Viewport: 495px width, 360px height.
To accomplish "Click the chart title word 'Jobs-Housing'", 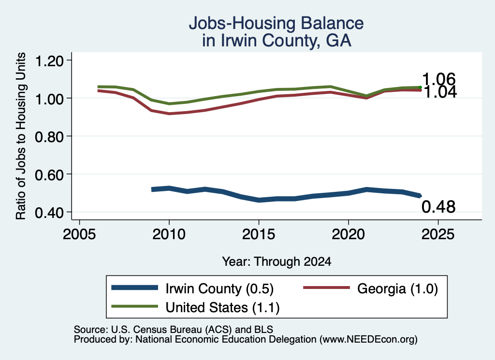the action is pyautogui.click(x=242, y=23).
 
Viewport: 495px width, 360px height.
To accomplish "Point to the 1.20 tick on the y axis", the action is pyautogui.click(x=50, y=60).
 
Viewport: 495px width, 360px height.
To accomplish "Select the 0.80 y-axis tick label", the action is pyautogui.click(x=50, y=137).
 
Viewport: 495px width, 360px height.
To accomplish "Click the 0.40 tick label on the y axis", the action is pyautogui.click(x=50, y=213).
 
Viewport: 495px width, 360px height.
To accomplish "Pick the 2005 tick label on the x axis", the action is pyautogui.click(x=80, y=234).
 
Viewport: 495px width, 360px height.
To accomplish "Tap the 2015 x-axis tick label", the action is pyautogui.click(x=259, y=234).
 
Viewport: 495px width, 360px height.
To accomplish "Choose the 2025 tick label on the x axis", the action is pyautogui.click(x=438, y=234).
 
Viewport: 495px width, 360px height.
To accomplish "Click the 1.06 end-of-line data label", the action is pyautogui.click(x=439, y=79).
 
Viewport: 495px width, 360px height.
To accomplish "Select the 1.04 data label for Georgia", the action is pyautogui.click(x=440, y=92).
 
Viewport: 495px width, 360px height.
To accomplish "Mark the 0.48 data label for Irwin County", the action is pyautogui.click(x=438, y=207).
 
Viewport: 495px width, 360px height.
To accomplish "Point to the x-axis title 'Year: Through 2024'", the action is pyautogui.click(x=277, y=261).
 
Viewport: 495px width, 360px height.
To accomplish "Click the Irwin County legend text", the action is pyautogui.click(x=219, y=288).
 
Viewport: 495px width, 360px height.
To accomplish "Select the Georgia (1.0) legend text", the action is pyautogui.click(x=397, y=288).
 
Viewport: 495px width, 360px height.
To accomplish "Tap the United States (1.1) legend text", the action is pyautogui.click(x=222, y=307).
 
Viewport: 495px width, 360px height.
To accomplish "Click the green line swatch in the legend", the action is pyautogui.click(x=135, y=306).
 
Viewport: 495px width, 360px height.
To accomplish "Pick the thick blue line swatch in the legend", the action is pyautogui.click(x=135, y=288).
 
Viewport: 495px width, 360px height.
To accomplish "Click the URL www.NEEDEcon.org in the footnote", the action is pyautogui.click(x=368, y=339).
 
